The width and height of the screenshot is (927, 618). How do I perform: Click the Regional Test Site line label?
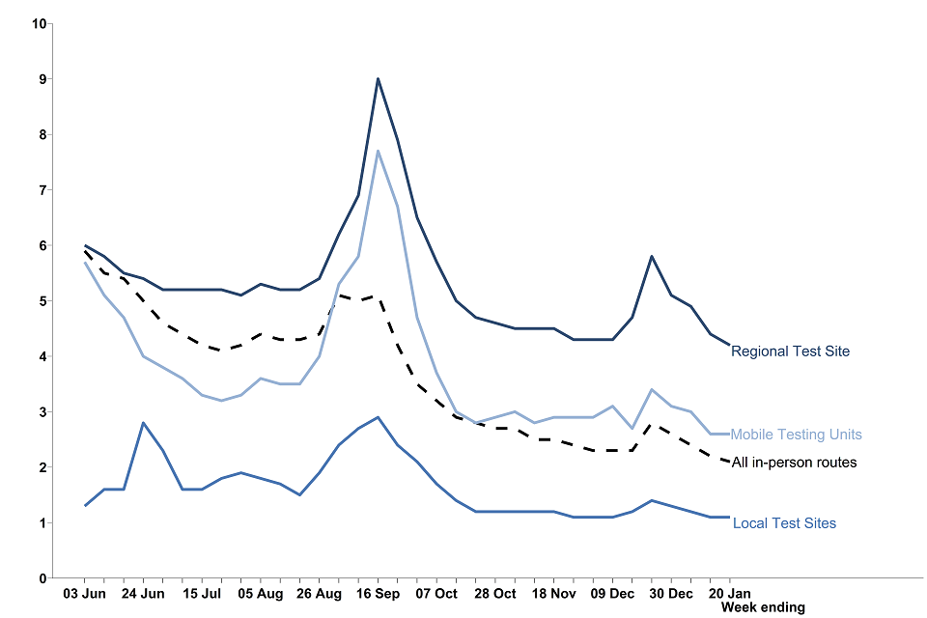tap(790, 351)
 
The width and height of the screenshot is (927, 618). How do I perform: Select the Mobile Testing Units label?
tap(796, 435)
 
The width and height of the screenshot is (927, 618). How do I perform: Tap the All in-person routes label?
tap(794, 463)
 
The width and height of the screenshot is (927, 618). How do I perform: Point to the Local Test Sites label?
tap(784, 523)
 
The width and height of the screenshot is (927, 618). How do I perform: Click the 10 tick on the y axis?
tap(40, 23)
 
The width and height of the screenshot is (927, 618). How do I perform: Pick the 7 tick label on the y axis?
tap(42, 190)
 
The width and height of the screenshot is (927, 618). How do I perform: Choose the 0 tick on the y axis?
tap(42, 578)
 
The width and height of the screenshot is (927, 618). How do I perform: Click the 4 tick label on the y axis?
tap(42, 356)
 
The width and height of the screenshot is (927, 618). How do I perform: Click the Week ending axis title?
tap(762, 607)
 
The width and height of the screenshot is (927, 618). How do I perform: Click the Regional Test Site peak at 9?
tap(378, 78)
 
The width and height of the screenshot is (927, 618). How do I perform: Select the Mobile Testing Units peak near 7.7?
tap(378, 151)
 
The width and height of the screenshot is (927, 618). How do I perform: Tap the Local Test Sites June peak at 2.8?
tap(143, 423)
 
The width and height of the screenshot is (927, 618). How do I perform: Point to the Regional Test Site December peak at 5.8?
tap(652, 256)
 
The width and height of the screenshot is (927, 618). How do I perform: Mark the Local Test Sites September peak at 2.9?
tap(378, 417)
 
